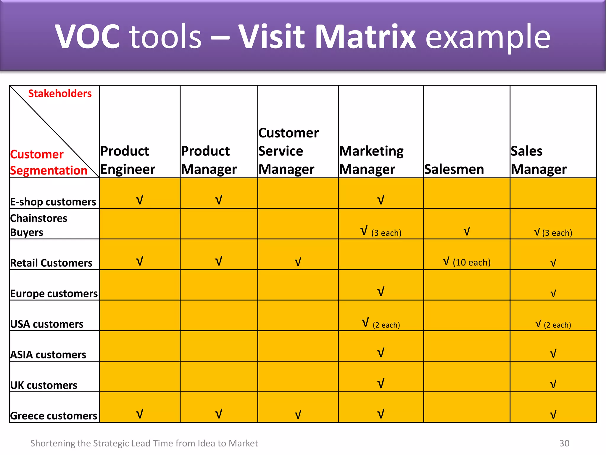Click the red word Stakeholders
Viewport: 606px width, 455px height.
click(x=60, y=94)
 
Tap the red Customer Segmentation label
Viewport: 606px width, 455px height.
click(x=49, y=162)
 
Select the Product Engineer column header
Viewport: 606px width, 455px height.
click(x=128, y=160)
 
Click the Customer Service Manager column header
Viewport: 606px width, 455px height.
click(x=288, y=151)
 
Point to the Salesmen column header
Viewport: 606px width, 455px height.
click(x=454, y=169)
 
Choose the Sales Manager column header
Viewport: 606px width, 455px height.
click(x=539, y=160)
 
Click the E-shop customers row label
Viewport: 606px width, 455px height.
click(x=53, y=202)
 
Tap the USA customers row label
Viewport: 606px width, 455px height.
click(x=47, y=324)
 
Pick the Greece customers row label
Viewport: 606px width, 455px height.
click(x=54, y=416)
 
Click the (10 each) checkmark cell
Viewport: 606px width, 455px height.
click(x=467, y=262)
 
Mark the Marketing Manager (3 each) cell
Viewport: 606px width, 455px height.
click(x=381, y=232)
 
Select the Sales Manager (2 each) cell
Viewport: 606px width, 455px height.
click(x=553, y=324)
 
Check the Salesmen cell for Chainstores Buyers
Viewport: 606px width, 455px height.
click(x=467, y=231)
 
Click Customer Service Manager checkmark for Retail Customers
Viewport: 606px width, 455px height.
click(x=298, y=262)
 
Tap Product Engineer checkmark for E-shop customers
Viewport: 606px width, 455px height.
click(x=140, y=200)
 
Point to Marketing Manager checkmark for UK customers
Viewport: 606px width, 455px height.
click(x=381, y=384)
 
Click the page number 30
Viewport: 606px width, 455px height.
click(x=564, y=443)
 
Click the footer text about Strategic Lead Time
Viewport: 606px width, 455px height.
click(x=144, y=443)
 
